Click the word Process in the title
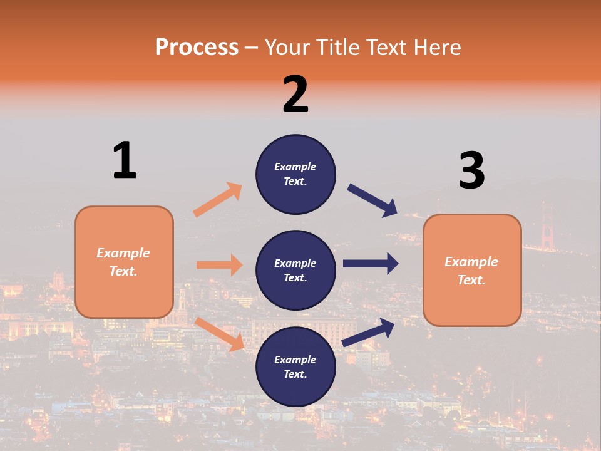point(197,47)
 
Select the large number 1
point(125,160)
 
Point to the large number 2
point(295,95)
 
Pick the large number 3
point(471,170)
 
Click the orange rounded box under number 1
point(124,262)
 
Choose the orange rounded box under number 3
point(472,271)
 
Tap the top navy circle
point(295,174)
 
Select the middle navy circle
point(295,271)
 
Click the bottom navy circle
point(295,367)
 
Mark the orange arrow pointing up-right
point(218,200)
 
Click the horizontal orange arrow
point(219,265)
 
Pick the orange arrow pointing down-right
point(219,334)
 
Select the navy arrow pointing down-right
point(372,200)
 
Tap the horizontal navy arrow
point(371,264)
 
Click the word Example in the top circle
point(295,167)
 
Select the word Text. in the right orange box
point(471,280)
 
